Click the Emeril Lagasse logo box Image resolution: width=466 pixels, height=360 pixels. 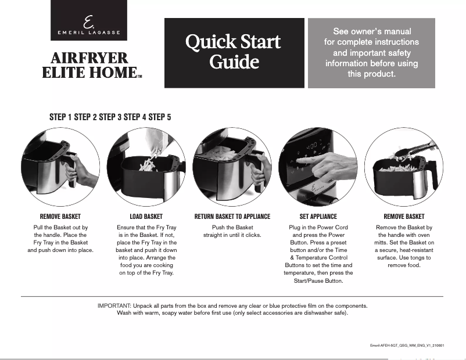[x=88, y=20]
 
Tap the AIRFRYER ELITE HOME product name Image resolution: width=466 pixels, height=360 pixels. [x=89, y=65]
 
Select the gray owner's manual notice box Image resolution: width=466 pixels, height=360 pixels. [x=371, y=53]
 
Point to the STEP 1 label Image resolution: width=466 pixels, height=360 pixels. [x=61, y=117]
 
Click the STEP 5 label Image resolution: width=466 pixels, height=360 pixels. [x=160, y=117]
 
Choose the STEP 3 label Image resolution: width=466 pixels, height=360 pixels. [x=110, y=117]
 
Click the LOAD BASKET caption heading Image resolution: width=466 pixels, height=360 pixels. [x=146, y=217]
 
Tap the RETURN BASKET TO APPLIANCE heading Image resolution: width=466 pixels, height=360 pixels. [x=232, y=217]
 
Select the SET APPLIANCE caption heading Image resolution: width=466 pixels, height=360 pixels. [x=318, y=217]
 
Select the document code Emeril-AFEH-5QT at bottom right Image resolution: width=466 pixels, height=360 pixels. [x=407, y=345]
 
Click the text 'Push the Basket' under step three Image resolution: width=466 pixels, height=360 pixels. [x=232, y=227]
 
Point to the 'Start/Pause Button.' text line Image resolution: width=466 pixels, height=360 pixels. [x=318, y=281]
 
